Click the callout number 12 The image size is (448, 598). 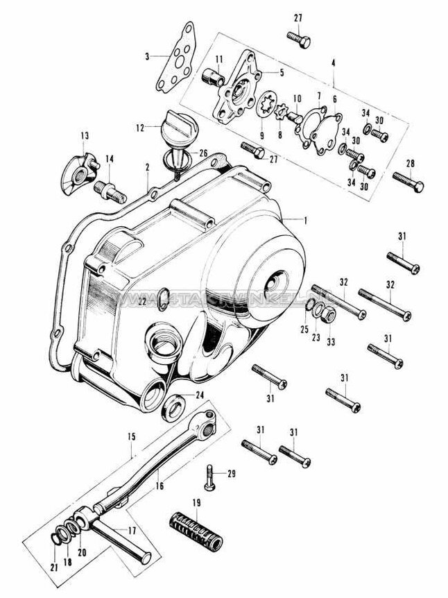[139, 128]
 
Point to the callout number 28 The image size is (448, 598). [411, 164]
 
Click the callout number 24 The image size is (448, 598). [200, 396]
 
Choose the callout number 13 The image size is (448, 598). [85, 135]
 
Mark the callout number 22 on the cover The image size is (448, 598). [141, 301]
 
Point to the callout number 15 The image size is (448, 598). [130, 438]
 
